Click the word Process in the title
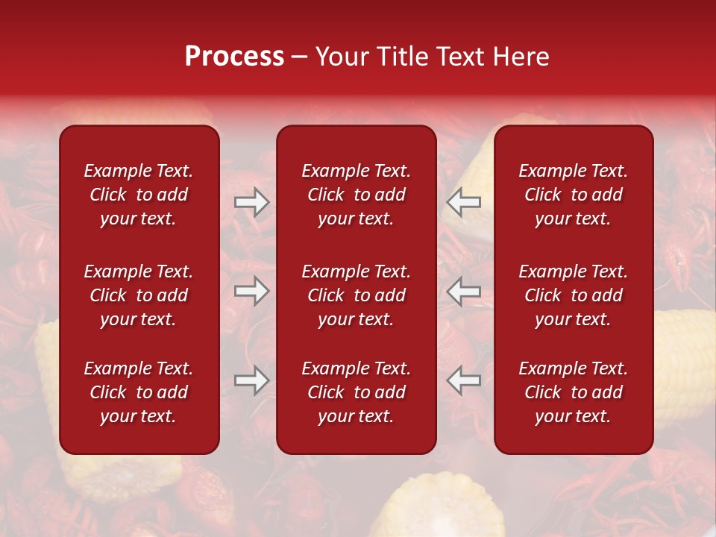coord(234,57)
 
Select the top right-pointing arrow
coord(251,202)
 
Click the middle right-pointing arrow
coord(251,291)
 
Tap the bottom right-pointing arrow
coord(251,380)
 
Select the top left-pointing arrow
coord(463,202)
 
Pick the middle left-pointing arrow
coord(463,291)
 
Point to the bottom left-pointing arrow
coord(463,380)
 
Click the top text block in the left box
coord(139,195)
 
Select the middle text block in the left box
coord(139,295)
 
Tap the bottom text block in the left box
coord(139,392)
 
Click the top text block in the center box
coord(356,195)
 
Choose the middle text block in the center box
coord(356,295)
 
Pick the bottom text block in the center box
coord(356,392)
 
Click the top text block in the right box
coord(573,195)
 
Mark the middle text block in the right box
coord(573,295)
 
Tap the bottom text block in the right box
coord(573,392)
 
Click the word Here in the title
coord(521,57)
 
